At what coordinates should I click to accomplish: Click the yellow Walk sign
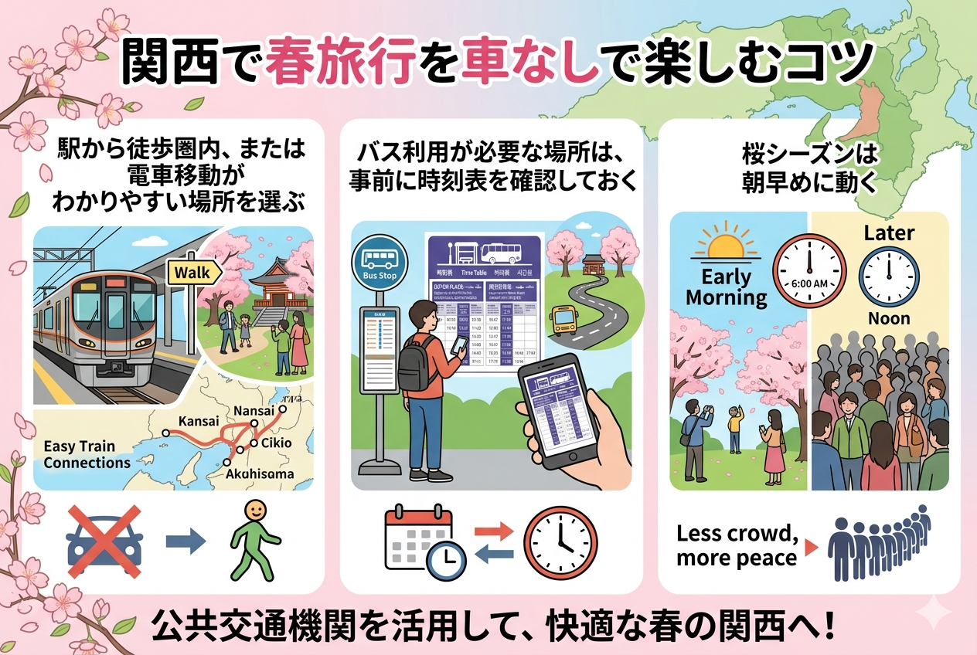193,272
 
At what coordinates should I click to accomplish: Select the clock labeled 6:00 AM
809,270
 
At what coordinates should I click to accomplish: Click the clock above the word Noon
889,275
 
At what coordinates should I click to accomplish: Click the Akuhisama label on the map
259,473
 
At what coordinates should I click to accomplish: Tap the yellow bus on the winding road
563,318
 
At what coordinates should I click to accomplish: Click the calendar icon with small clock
424,541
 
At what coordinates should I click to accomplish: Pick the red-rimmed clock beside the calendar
560,541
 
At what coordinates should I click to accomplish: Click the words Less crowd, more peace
737,545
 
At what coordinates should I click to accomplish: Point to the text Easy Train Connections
87,454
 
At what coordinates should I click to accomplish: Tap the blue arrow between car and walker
186,540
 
